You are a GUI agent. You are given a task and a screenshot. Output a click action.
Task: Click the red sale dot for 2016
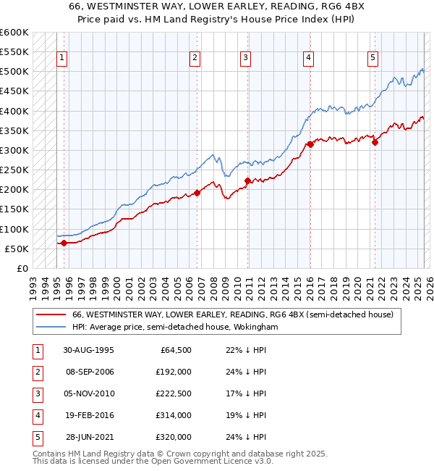pyautogui.click(x=310, y=144)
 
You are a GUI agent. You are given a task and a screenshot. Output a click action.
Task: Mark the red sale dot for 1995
pyautogui.click(x=64, y=243)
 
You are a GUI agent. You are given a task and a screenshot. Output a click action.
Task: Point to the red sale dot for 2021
pyautogui.click(x=375, y=142)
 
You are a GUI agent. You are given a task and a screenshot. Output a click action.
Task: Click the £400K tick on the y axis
pyautogui.click(x=14, y=111)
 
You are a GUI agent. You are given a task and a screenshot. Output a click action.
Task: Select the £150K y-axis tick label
pyautogui.click(x=14, y=209)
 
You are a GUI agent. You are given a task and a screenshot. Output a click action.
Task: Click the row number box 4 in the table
pyautogui.click(x=35, y=415)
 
